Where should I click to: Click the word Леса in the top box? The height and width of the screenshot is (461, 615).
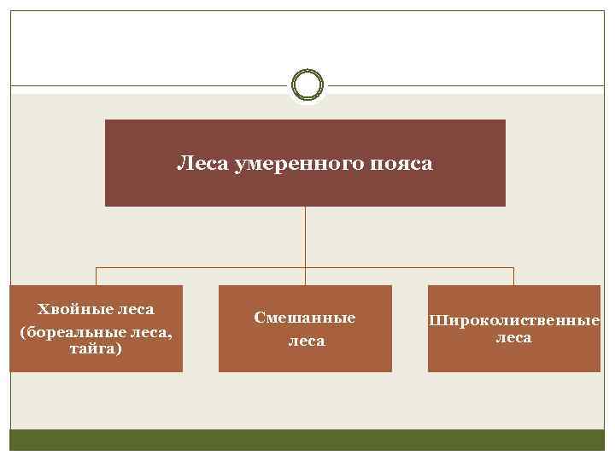point(197,162)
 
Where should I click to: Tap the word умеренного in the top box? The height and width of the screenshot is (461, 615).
point(284,162)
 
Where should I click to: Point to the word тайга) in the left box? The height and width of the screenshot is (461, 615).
point(96,349)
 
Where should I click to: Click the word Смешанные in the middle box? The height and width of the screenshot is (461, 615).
point(305,318)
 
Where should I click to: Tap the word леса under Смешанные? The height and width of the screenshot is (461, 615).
point(305,341)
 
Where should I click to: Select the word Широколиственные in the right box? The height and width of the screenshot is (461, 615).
point(514,322)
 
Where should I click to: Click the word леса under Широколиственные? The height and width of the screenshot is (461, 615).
point(513,338)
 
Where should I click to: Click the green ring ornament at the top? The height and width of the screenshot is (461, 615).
point(307,85)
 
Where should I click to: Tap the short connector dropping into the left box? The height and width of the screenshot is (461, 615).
point(96,276)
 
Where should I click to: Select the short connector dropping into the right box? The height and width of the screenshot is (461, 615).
point(513,276)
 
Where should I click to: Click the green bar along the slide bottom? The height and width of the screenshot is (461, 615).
point(307,440)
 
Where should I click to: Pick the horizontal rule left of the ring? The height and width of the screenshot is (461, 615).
point(145,85)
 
